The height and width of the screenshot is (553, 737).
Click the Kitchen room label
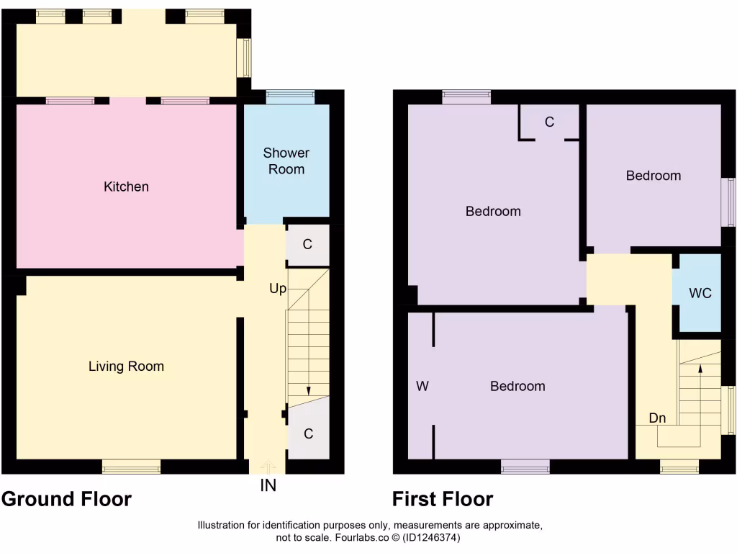[x=127, y=187]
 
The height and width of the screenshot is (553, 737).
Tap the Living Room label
[x=126, y=367]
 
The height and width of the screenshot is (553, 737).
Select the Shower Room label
[x=286, y=161]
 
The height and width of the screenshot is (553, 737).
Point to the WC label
[x=700, y=294]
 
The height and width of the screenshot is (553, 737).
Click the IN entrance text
[x=268, y=486]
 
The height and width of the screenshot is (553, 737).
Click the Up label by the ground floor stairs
[x=278, y=289]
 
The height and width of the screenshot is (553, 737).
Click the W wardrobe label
[x=422, y=387]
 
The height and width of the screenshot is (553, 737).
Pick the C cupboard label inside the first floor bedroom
[x=549, y=122]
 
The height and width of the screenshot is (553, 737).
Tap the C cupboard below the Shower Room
[x=307, y=245]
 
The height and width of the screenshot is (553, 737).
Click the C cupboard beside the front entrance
[x=308, y=434]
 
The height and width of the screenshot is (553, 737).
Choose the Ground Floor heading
[x=67, y=499]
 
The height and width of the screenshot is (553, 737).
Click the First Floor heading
[x=443, y=499]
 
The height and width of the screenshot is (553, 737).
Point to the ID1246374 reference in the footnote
[x=432, y=537]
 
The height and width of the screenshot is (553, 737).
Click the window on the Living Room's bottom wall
[x=131, y=468]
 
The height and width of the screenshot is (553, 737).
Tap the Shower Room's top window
[x=290, y=96]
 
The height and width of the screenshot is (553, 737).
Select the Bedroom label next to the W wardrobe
[x=517, y=387]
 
